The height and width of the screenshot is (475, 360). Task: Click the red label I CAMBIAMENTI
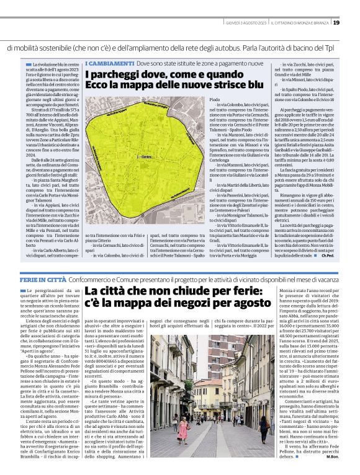(x=109, y=64)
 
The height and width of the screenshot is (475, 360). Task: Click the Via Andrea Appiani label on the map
(x=109, y=113)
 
